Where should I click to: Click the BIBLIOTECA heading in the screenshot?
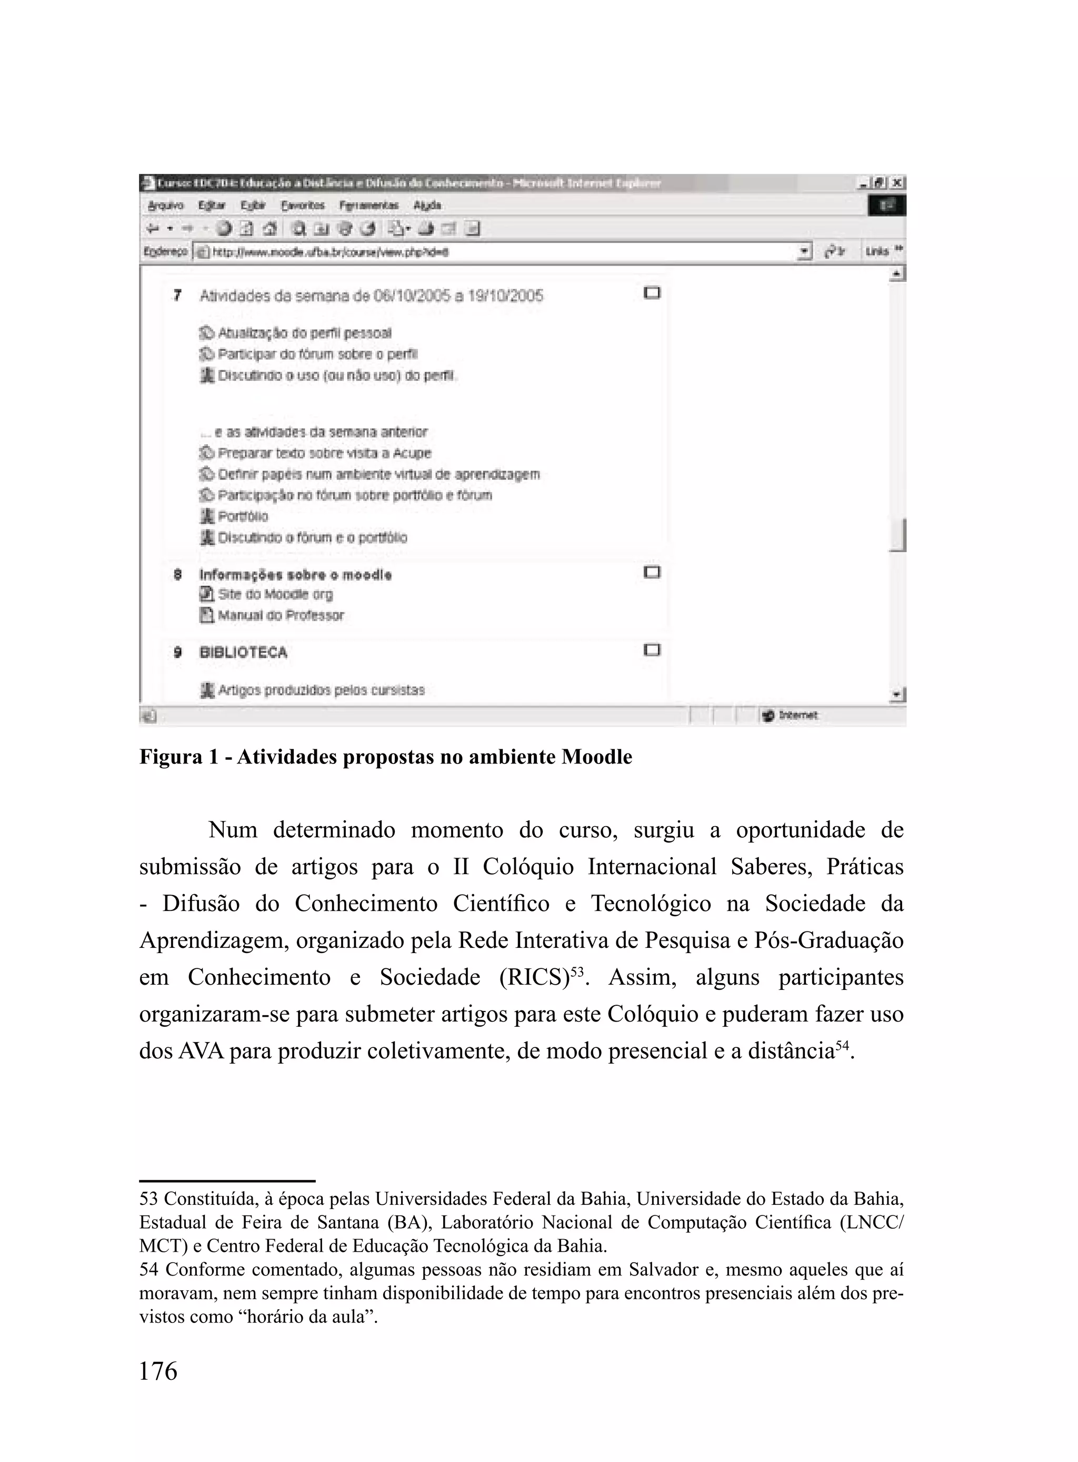click(243, 652)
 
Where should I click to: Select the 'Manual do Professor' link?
click(281, 615)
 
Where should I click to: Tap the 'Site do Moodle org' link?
click(275, 594)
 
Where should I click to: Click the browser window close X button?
click(898, 183)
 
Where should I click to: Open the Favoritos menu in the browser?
click(303, 205)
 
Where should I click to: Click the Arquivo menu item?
click(166, 205)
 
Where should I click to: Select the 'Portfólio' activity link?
click(242, 516)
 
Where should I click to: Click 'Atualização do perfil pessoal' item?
click(304, 333)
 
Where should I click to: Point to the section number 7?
click(177, 296)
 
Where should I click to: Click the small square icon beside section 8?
click(652, 573)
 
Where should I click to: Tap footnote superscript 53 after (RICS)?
click(577, 971)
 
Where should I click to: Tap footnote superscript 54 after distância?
click(842, 1044)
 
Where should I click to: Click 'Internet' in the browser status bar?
click(797, 715)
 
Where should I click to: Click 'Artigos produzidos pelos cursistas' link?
click(321, 690)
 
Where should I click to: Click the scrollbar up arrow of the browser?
click(898, 274)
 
